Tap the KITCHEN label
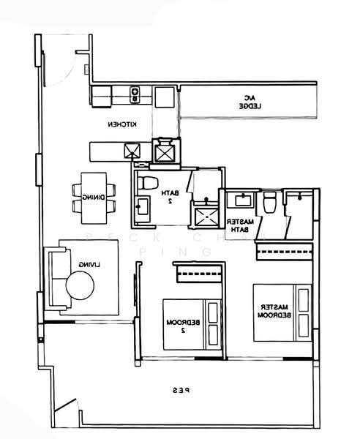point(124,124)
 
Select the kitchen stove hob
point(135,93)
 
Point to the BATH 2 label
point(168,196)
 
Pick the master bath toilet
point(270,201)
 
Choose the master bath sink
point(239,200)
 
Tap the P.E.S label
point(181,391)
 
